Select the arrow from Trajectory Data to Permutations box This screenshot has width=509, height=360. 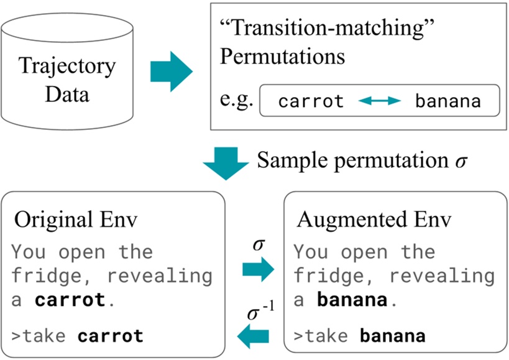coord(171,70)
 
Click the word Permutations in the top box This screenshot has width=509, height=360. coord(283,57)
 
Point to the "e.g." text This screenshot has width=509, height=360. coord(237,100)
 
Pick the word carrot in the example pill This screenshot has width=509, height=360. coord(311,101)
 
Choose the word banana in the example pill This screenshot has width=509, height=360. coord(447,101)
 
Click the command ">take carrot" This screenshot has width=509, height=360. coord(78,336)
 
